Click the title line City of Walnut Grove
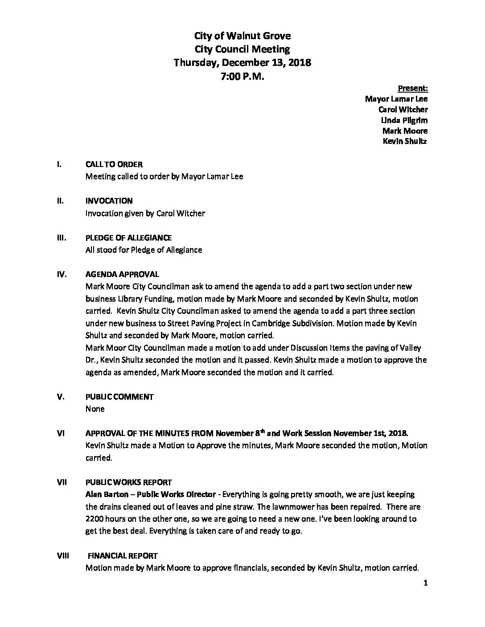pyautogui.click(x=242, y=36)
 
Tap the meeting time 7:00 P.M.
pyautogui.click(x=242, y=76)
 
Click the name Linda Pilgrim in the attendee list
pyautogui.click(x=404, y=120)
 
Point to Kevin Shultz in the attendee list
pyautogui.click(x=405, y=142)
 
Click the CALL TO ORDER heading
pyautogui.click(x=114, y=164)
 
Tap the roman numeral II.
pyautogui.click(x=60, y=201)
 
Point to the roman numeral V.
pyautogui.click(x=61, y=397)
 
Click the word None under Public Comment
pyautogui.click(x=95, y=409)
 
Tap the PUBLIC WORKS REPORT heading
pyautogui.click(x=128, y=482)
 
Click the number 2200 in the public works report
pyautogui.click(x=95, y=519)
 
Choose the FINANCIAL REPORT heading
pyautogui.click(x=122, y=556)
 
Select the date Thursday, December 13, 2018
pyautogui.click(x=242, y=62)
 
